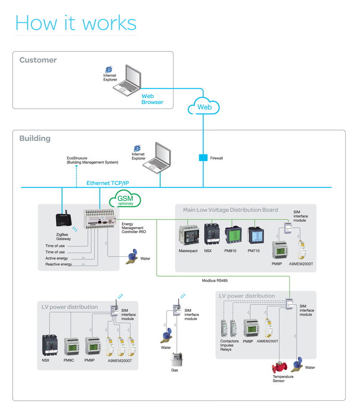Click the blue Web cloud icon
(x=204, y=106)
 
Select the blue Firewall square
(x=203, y=158)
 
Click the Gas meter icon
(x=175, y=359)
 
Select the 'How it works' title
(x=76, y=22)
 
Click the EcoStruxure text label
(x=92, y=160)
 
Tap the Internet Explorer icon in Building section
(x=137, y=148)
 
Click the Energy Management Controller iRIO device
(x=101, y=220)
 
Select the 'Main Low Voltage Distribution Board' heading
(x=230, y=210)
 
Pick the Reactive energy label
(x=58, y=265)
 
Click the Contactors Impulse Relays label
(x=229, y=345)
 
